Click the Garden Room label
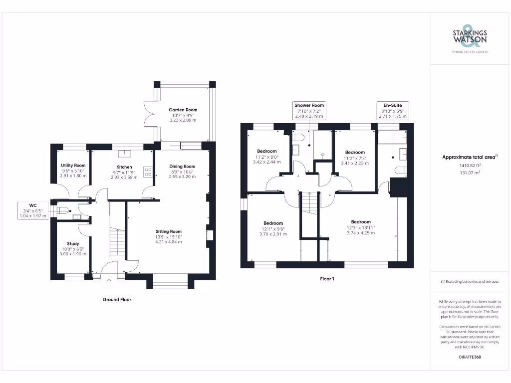point(183,110)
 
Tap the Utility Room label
point(73,166)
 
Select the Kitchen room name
point(124,167)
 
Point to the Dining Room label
point(182,167)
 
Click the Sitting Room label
point(169,231)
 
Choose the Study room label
point(73,244)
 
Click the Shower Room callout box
point(309,111)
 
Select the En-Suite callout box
point(392,111)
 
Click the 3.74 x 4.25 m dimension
point(361,233)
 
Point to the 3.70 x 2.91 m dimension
point(273,234)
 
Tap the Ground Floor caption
point(117,300)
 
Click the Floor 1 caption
point(327,279)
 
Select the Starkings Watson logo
point(470,37)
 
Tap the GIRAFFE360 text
point(470,357)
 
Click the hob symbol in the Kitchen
point(148,172)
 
